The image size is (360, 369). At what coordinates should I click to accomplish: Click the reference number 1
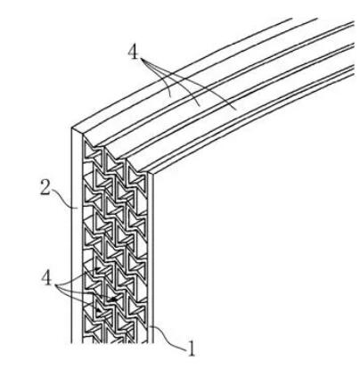tap(192, 348)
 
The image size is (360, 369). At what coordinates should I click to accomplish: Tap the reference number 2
tap(45, 187)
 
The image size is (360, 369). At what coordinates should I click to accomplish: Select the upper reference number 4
tap(133, 53)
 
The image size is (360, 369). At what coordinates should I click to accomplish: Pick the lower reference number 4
tap(46, 278)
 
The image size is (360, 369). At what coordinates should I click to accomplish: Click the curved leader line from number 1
tap(168, 339)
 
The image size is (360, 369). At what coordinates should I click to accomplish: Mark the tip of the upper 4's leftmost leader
tap(170, 97)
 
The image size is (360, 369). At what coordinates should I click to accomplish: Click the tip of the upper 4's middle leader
tap(199, 106)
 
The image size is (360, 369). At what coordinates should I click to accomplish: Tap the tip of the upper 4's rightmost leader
tap(236, 110)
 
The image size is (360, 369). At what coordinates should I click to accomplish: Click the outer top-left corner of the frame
tap(71, 127)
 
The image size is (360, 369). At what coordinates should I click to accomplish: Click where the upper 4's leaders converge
tap(142, 60)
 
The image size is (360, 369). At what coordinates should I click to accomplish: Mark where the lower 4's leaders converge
tap(56, 285)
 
